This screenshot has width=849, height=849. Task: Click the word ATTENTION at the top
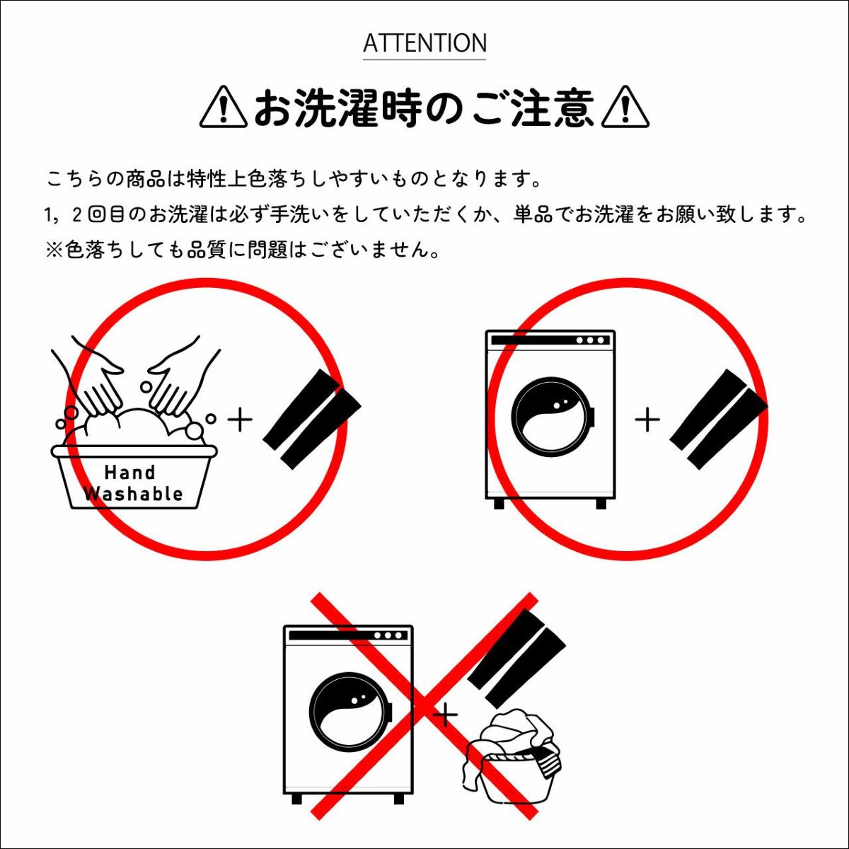[x=424, y=43]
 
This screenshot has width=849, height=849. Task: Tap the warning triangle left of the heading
[x=224, y=108]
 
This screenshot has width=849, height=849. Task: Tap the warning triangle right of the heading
[x=625, y=108]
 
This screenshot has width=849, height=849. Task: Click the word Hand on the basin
[x=130, y=473]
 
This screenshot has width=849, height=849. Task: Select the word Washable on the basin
[x=134, y=493]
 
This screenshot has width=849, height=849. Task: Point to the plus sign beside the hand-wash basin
[x=240, y=420]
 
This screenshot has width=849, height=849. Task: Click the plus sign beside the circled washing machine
[x=647, y=420]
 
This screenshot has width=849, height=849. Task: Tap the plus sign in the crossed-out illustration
[x=446, y=715]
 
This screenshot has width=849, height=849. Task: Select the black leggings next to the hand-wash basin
[x=312, y=419]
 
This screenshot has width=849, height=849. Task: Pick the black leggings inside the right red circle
[x=719, y=419]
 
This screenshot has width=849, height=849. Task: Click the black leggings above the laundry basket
[x=516, y=657]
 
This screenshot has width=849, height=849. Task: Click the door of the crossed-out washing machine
[x=351, y=712]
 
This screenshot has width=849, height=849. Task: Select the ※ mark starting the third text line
[x=54, y=250]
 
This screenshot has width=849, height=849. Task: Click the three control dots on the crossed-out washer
[x=388, y=636]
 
